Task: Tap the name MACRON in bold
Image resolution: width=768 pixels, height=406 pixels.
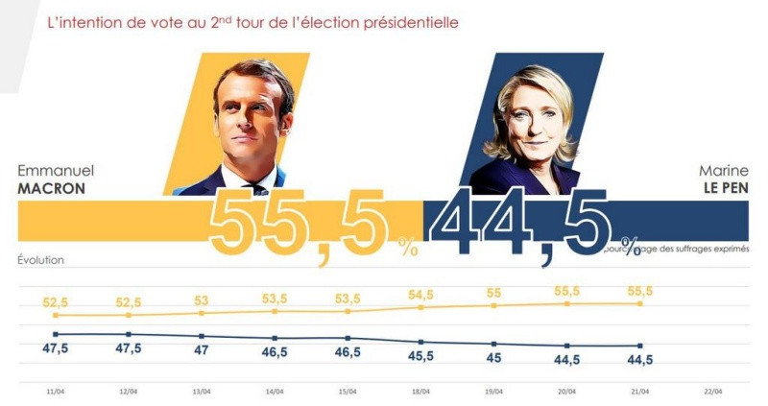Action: point(52,189)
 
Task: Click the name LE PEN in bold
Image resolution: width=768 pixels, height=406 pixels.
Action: point(721,189)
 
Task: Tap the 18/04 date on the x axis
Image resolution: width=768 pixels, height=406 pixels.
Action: point(420,391)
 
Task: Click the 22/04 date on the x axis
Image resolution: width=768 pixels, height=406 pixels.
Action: point(713,391)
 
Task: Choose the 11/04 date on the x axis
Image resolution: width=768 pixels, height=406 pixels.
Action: point(56,391)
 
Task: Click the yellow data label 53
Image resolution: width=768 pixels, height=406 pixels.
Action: point(202,299)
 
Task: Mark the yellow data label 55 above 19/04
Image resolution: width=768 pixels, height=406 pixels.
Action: point(493,292)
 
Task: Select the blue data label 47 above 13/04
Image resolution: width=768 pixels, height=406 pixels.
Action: point(202,350)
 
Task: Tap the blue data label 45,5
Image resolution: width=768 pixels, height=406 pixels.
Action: point(420,356)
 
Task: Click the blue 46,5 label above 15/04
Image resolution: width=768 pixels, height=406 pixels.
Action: point(348,352)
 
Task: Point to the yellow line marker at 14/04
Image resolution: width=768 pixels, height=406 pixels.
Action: point(275,311)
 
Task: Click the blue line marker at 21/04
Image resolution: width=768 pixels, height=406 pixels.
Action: point(640,346)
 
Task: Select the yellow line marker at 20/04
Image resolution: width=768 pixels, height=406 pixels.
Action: point(567,303)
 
